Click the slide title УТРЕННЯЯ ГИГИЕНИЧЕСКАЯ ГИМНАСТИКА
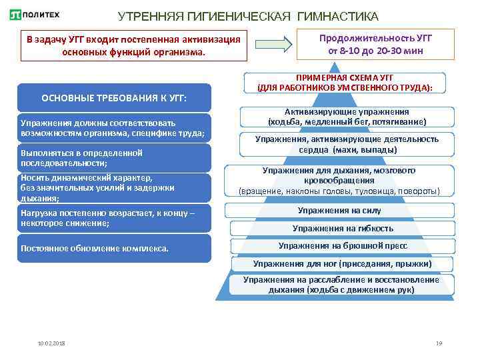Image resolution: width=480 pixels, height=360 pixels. click(x=248, y=15)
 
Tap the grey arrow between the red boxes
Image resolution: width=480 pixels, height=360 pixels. click(x=283, y=43)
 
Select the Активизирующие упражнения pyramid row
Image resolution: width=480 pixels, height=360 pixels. click(x=347, y=117)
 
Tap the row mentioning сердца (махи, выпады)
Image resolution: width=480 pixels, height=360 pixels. click(x=347, y=144)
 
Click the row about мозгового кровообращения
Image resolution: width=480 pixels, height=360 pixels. click(x=339, y=181)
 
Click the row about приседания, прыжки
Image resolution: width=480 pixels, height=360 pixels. click(x=343, y=264)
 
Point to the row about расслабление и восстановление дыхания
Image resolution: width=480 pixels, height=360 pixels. click(x=341, y=285)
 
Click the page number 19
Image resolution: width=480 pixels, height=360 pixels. click(x=439, y=343)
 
